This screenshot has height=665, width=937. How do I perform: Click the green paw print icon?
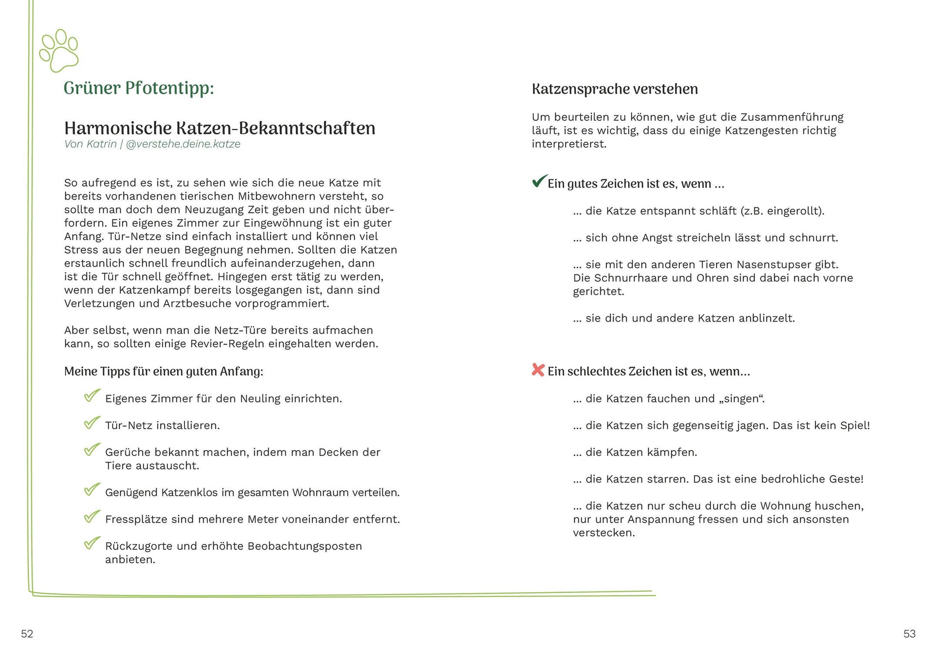point(59,50)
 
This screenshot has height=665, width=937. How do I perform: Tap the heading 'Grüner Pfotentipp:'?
point(139,88)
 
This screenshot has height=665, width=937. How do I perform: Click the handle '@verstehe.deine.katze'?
point(183,144)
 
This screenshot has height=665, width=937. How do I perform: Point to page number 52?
point(27,634)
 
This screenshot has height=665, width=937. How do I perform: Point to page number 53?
point(909,634)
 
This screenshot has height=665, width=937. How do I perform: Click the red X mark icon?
point(538,370)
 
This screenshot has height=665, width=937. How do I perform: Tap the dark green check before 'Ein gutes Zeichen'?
point(539,181)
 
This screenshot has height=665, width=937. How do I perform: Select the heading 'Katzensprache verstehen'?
point(615,89)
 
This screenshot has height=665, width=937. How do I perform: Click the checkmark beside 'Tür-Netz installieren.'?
point(92,423)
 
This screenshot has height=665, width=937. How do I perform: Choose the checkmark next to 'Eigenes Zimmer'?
point(92,396)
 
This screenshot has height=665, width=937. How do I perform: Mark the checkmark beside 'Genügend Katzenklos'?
point(92,490)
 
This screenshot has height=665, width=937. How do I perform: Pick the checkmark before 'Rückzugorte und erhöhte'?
point(92,543)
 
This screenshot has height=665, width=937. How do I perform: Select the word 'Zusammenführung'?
point(792,118)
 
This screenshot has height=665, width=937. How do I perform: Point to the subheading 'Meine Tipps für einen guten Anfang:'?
point(164,372)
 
